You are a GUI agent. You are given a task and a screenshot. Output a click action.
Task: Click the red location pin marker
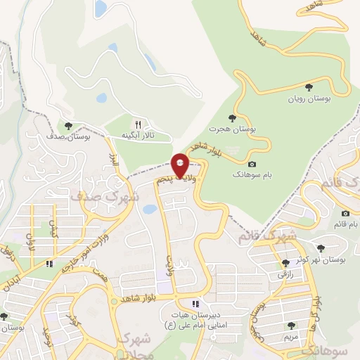181,165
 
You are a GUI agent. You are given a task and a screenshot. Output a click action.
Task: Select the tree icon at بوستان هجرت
232,117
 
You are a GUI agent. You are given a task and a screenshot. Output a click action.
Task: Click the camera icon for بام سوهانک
252,163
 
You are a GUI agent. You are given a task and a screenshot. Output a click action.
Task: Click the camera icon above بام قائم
345,213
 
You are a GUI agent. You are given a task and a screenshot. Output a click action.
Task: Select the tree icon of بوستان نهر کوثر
321,247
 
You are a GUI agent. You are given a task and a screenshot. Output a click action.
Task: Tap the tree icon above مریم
291,325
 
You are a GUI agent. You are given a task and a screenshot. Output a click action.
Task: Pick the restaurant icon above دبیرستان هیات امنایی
195,304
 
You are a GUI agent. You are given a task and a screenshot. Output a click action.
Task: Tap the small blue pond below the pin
149,209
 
